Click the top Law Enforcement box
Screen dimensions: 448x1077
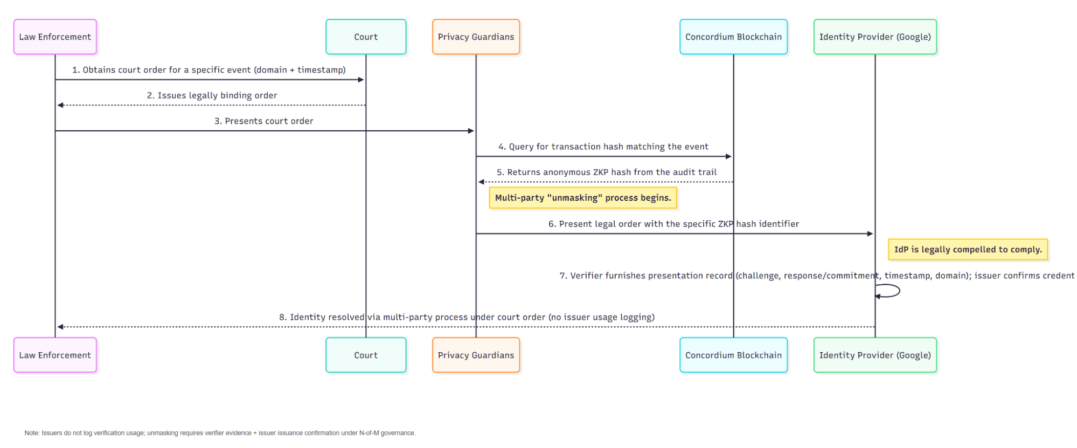(55, 37)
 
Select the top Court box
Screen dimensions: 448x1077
(366, 37)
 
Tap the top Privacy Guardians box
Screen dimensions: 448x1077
(476, 37)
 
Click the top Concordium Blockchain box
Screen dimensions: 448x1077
(733, 37)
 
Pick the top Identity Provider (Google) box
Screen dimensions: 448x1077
(875, 37)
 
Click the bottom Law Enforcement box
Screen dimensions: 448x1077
(55, 355)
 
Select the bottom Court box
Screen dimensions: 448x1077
(366, 355)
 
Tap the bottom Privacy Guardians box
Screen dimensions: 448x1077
(476, 355)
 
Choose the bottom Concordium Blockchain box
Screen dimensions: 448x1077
(733, 355)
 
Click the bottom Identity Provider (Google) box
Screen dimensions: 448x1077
(875, 355)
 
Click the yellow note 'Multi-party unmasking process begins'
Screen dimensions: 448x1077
(583, 198)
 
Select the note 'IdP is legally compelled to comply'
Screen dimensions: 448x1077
(968, 249)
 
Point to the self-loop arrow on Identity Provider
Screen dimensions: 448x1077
(894, 291)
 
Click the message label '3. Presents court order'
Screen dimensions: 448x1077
(263, 121)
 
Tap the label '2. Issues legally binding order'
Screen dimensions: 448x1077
(212, 95)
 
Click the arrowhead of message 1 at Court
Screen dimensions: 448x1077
(362, 80)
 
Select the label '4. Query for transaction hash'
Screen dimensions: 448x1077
(603, 146)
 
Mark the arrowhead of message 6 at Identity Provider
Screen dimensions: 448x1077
(870, 234)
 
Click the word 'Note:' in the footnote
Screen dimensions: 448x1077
(32, 433)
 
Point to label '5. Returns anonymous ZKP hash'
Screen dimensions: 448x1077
(606, 172)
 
